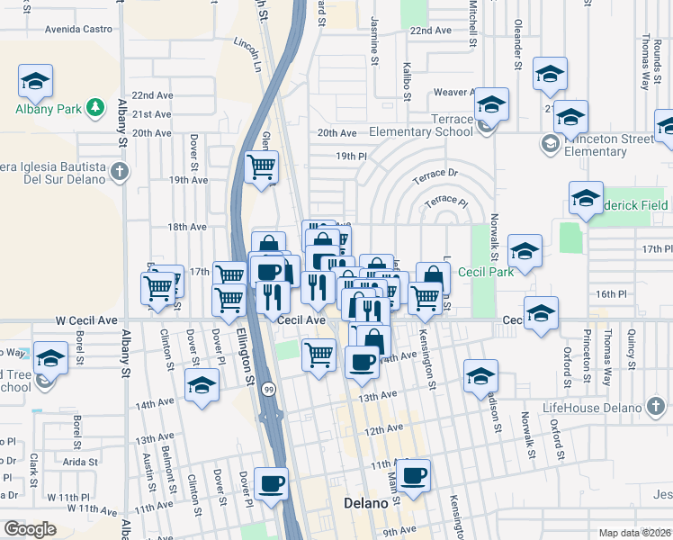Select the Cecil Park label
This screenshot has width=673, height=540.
coord(485,272)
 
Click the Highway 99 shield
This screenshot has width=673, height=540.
coord(268,390)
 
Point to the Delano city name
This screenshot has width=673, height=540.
coord(365,504)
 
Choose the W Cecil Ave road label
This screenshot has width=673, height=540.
coord(86,319)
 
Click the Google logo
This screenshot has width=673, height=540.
coord(30,529)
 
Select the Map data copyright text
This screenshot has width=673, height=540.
coord(635,533)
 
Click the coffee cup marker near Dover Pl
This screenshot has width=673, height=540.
coord(271,483)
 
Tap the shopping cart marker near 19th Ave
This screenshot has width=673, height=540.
coord(261,166)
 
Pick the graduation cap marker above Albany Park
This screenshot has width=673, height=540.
coord(36,81)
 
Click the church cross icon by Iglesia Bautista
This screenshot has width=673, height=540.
coord(120,170)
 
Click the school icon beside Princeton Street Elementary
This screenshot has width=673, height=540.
coord(548,142)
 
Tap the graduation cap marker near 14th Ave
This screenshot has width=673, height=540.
coord(202,386)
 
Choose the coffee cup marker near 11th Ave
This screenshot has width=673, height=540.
coord(414,475)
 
